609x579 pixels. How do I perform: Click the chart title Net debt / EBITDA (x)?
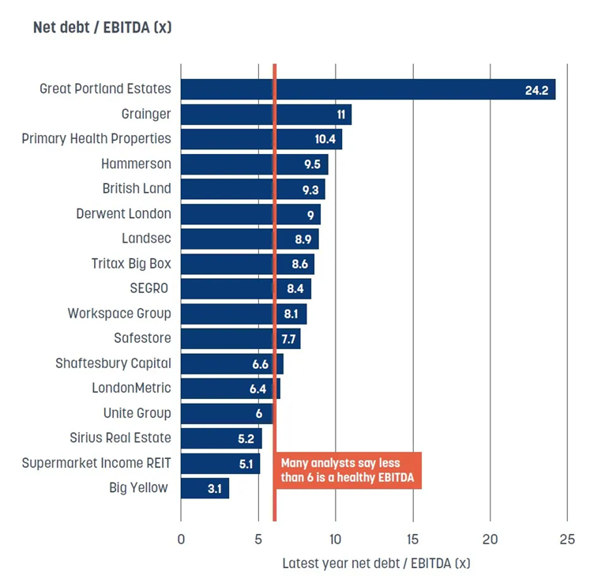click(x=102, y=28)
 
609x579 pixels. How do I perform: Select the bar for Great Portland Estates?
click(x=367, y=89)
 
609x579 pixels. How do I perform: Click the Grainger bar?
click(x=265, y=115)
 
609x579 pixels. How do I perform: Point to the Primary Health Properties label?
click(x=96, y=139)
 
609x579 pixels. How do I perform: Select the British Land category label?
click(x=136, y=189)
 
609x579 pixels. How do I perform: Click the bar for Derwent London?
click(x=250, y=214)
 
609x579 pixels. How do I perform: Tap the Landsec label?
click(x=146, y=239)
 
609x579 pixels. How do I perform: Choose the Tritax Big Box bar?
click(x=247, y=264)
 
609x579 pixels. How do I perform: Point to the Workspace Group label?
click(x=118, y=314)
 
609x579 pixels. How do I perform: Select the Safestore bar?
click(x=240, y=339)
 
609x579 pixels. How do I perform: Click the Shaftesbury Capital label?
click(x=113, y=363)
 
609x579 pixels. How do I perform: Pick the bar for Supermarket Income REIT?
click(x=220, y=463)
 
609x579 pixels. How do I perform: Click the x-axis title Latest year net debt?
click(x=375, y=563)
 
